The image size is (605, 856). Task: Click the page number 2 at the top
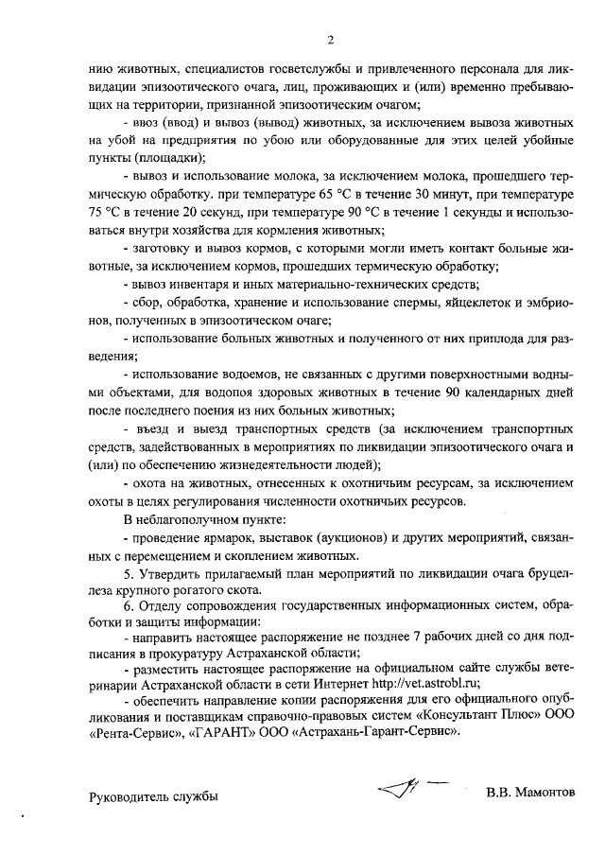tap(331, 40)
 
